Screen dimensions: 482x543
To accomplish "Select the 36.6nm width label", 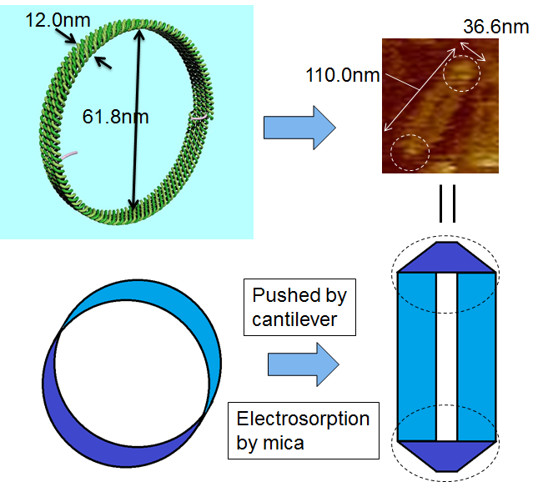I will pyautogui.click(x=495, y=27).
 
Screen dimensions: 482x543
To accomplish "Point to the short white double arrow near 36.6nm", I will pyautogui.click(x=470, y=53).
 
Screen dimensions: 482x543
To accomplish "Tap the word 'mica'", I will pyautogui.click(x=284, y=442).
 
